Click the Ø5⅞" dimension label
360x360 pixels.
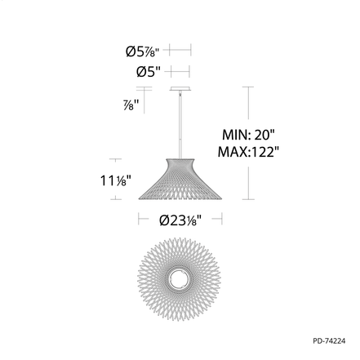coord(142,51)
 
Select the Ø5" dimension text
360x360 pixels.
coord(149,72)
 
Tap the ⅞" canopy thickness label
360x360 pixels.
coord(131,105)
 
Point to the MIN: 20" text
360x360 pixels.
coord(248,135)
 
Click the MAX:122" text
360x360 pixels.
coord(249,152)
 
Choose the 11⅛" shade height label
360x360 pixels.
coord(116,180)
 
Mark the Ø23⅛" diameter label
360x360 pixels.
coord(180,220)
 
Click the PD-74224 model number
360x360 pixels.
coord(329,340)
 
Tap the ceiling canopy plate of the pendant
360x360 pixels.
coord(180,89)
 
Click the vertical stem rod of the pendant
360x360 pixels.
coord(180,125)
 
